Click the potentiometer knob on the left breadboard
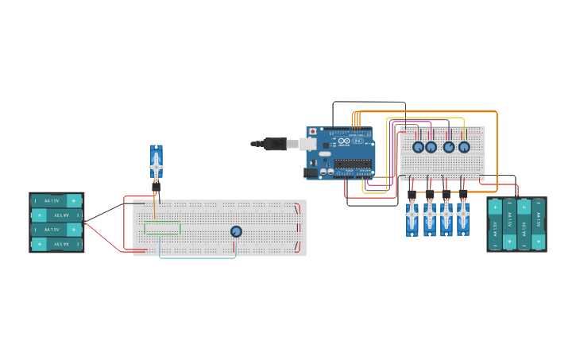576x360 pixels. point(236,231)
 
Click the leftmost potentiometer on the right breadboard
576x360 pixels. point(418,147)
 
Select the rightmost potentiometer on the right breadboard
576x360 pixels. point(464,147)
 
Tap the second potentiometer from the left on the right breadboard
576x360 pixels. point(431,147)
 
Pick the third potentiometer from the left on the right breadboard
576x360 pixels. point(449,147)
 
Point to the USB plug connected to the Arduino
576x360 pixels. point(274,144)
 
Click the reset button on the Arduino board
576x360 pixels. point(312,132)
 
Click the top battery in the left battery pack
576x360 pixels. point(56,200)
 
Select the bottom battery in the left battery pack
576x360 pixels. point(56,244)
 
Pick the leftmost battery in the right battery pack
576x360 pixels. point(495,225)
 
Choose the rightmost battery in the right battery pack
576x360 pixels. point(539,225)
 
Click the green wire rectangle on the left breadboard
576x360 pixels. point(162,228)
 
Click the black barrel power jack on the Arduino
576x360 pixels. point(311,172)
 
